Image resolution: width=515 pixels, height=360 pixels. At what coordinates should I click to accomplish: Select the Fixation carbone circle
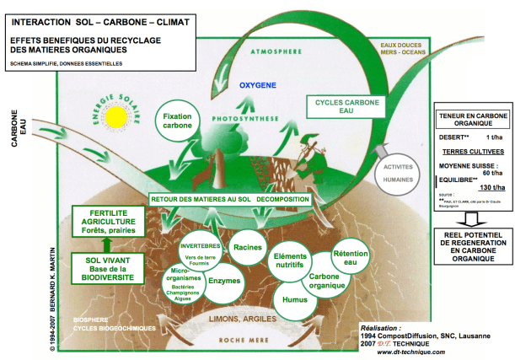click(x=176, y=121)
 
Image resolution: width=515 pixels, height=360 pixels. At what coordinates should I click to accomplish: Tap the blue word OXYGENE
click(x=258, y=85)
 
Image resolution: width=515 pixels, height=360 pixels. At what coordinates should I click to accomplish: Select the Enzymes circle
click(x=224, y=280)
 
